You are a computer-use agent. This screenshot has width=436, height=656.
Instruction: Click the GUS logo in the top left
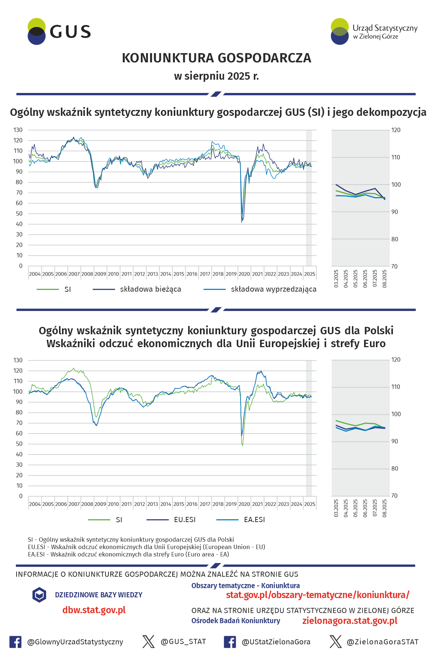tap(59, 32)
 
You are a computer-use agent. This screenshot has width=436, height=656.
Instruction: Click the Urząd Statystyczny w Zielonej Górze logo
tap(374, 32)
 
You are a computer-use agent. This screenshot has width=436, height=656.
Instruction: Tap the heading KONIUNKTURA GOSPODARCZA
tap(217, 58)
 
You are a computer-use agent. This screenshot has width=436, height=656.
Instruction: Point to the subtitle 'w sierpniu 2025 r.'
tap(217, 76)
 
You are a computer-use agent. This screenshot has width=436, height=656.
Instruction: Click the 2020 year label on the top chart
tap(244, 274)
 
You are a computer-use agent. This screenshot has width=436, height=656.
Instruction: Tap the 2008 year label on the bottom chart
tap(87, 504)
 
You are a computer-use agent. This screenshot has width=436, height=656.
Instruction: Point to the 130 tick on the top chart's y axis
tap(18, 130)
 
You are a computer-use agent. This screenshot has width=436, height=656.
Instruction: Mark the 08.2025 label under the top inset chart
tap(385, 279)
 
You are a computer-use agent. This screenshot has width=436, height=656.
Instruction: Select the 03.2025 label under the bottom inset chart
tap(336, 508)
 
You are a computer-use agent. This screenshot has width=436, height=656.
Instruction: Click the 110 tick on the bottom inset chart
tap(396, 387)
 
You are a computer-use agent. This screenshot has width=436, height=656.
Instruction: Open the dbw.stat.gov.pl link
tap(94, 610)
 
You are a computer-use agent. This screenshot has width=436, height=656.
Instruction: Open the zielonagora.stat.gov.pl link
tap(350, 621)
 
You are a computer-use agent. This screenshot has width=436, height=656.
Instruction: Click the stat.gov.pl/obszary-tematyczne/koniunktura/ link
tap(318, 595)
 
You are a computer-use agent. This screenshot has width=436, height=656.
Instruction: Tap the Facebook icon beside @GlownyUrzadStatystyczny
tap(15, 642)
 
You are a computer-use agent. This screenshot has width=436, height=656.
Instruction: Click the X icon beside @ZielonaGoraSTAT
tap(336, 642)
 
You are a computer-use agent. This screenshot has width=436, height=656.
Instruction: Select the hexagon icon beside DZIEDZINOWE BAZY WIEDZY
tap(39, 595)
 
